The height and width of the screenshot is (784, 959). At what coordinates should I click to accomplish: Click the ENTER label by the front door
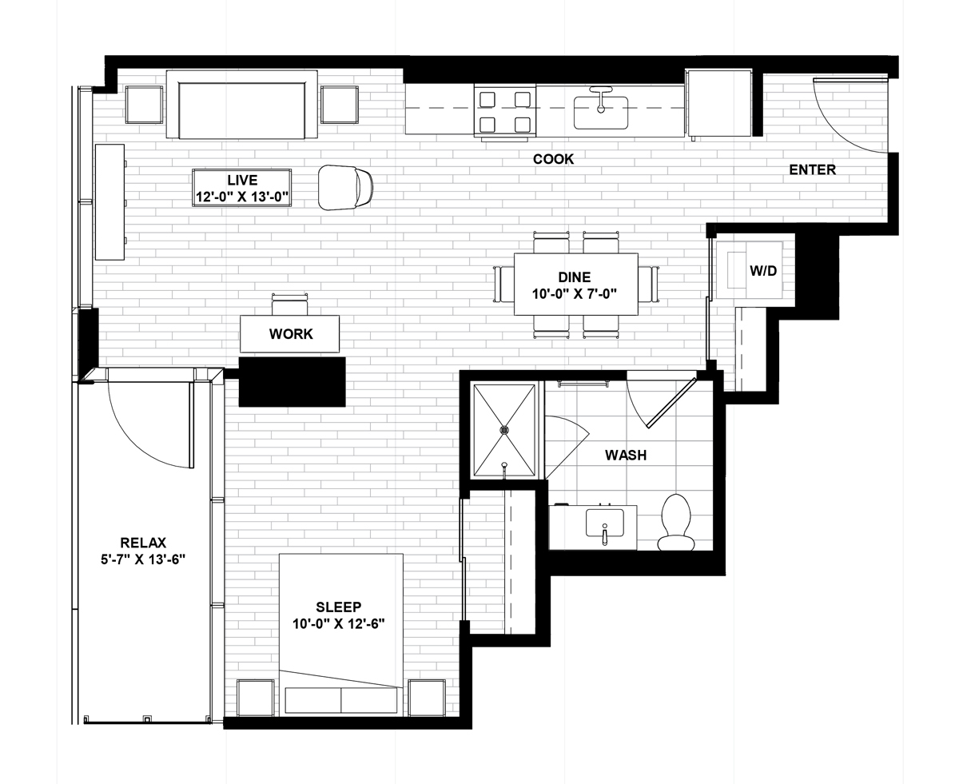(812, 169)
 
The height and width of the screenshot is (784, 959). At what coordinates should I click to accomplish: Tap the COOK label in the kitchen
(553, 159)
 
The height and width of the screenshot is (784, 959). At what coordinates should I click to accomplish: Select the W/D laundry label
(763, 271)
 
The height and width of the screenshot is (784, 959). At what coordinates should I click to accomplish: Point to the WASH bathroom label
(626, 455)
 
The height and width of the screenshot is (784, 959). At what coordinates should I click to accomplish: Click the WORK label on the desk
(291, 334)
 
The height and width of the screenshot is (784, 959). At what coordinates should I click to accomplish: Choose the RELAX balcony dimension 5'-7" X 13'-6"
(143, 559)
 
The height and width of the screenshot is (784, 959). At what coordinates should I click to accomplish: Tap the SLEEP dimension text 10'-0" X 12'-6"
(339, 623)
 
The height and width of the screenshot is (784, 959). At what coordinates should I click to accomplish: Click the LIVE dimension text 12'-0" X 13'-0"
(242, 197)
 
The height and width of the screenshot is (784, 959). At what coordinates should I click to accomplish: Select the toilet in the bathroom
(676, 523)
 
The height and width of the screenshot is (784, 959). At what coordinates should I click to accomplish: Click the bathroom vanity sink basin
(604, 523)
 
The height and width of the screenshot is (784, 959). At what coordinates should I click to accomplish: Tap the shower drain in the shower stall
(504, 429)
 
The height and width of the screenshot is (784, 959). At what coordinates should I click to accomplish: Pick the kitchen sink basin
(601, 113)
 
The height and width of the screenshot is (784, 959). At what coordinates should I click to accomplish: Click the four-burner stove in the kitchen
(505, 111)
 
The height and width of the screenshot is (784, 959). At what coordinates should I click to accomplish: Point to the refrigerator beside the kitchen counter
(718, 103)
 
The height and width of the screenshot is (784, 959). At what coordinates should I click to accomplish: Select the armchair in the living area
(345, 187)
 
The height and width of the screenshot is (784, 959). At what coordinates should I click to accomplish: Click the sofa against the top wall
(241, 105)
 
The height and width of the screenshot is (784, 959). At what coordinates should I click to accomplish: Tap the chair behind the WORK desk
(289, 304)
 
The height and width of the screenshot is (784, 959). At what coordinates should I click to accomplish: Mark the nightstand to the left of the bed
(255, 698)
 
